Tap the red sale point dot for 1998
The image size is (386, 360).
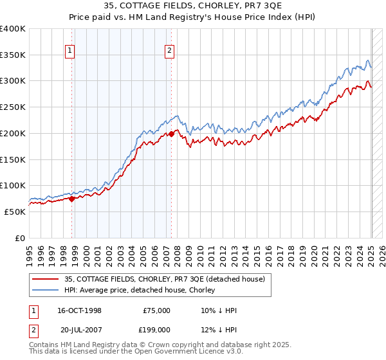[71, 199]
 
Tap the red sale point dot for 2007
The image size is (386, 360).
[171, 134]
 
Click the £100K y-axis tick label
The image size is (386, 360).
[13, 186]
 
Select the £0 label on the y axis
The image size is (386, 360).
[21, 238]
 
